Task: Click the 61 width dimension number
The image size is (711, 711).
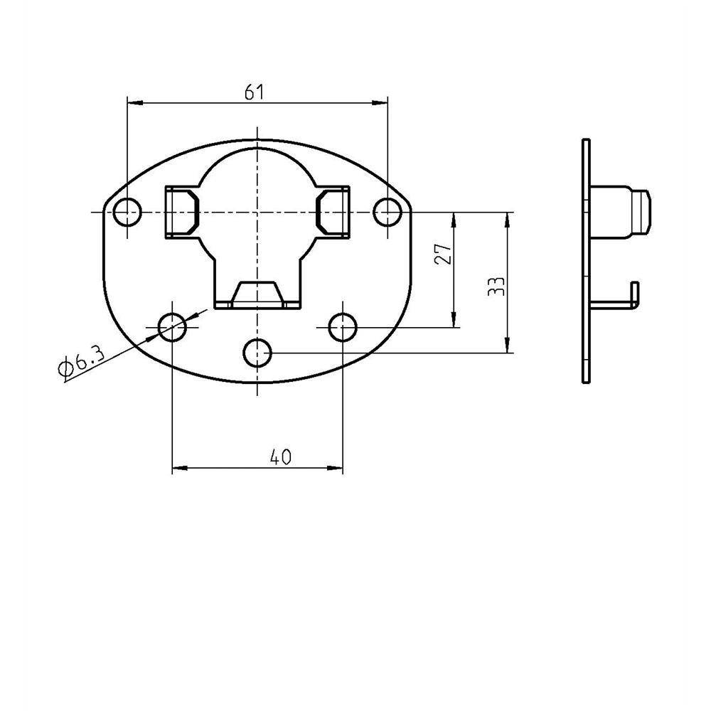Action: click(x=255, y=92)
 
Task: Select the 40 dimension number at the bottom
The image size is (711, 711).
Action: click(x=281, y=457)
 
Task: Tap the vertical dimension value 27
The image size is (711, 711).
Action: click(x=444, y=254)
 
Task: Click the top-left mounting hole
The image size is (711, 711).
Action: click(x=127, y=212)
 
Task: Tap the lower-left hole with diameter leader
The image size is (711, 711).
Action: click(x=172, y=327)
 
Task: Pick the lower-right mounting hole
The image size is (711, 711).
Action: click(x=343, y=327)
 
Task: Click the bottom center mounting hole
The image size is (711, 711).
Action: click(x=257, y=352)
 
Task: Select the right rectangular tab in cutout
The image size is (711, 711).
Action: click(x=333, y=212)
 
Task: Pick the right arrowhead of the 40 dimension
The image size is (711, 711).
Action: click(x=337, y=469)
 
